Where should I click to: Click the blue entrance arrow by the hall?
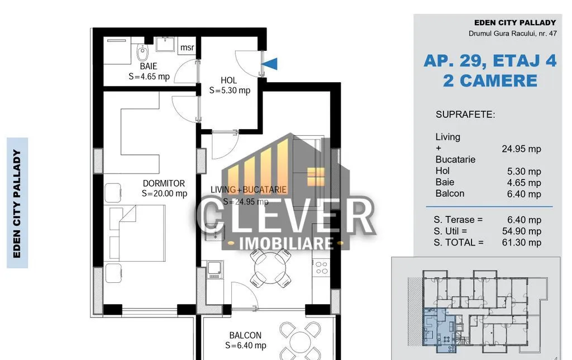click(270, 64)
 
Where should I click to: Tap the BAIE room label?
click(149, 66)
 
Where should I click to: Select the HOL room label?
click(228, 80)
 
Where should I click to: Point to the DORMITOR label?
click(164, 183)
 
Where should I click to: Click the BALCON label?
click(245, 335)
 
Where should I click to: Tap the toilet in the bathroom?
click(142, 52)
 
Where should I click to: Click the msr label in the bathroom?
click(187, 48)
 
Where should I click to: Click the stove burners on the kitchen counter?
click(321, 267)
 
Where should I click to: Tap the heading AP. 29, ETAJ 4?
click(490, 60)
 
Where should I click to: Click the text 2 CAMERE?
click(490, 80)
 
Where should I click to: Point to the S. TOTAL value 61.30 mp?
click(522, 243)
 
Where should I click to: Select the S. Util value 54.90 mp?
click(522, 231)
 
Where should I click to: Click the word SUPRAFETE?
click(465, 115)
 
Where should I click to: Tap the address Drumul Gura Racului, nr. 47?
click(513, 33)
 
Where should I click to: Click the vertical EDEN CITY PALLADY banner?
click(17, 203)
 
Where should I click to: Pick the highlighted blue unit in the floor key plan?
click(439, 330)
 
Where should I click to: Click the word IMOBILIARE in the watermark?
click(287, 244)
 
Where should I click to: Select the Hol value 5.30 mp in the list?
click(524, 172)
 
